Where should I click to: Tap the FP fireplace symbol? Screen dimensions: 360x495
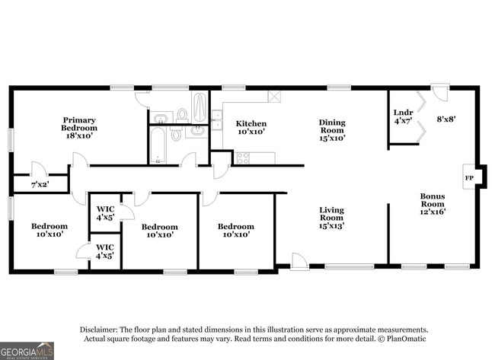(468, 179)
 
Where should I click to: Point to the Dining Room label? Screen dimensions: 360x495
(331, 130)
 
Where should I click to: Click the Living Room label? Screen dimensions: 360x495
(331, 218)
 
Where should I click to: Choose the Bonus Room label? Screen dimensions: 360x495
(433, 203)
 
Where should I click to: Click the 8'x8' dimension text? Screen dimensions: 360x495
(445, 118)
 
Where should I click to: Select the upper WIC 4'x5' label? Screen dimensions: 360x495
(105, 214)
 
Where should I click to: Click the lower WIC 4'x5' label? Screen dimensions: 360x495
(105, 250)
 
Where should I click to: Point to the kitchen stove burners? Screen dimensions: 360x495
(244, 158)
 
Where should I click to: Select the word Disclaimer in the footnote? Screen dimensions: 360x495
(103, 329)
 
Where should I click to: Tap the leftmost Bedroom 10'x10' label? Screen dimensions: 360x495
(49, 230)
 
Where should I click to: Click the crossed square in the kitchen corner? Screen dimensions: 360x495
(274, 97)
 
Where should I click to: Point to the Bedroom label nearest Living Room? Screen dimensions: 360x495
(235, 230)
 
